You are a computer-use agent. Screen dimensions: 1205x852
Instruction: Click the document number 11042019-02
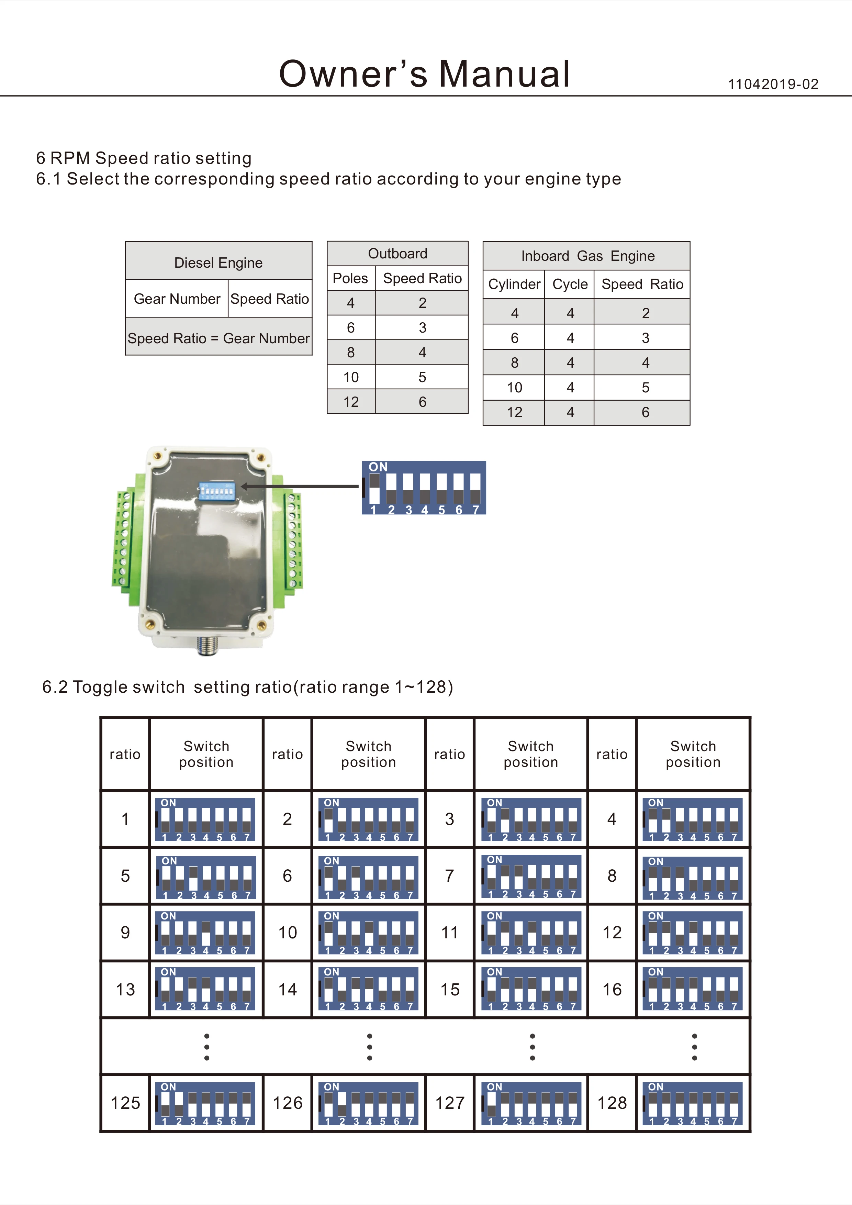[773, 84]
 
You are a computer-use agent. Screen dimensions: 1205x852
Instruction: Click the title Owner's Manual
[424, 74]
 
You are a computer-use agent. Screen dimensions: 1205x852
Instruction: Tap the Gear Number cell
[177, 299]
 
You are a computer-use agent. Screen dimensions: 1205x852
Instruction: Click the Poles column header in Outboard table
[350, 278]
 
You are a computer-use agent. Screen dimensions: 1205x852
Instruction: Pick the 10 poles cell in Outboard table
[350, 377]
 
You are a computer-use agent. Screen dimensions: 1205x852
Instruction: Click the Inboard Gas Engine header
[587, 256]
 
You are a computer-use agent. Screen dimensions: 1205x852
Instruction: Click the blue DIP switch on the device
[216, 490]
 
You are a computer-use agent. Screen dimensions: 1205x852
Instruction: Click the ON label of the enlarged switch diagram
[378, 467]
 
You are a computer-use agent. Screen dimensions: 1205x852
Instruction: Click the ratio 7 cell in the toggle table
[450, 875]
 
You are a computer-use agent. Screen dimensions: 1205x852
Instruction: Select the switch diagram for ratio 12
[693, 932]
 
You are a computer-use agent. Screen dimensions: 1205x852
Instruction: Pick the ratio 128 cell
[612, 1102]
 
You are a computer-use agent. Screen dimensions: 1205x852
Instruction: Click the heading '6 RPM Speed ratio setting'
[143, 158]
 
